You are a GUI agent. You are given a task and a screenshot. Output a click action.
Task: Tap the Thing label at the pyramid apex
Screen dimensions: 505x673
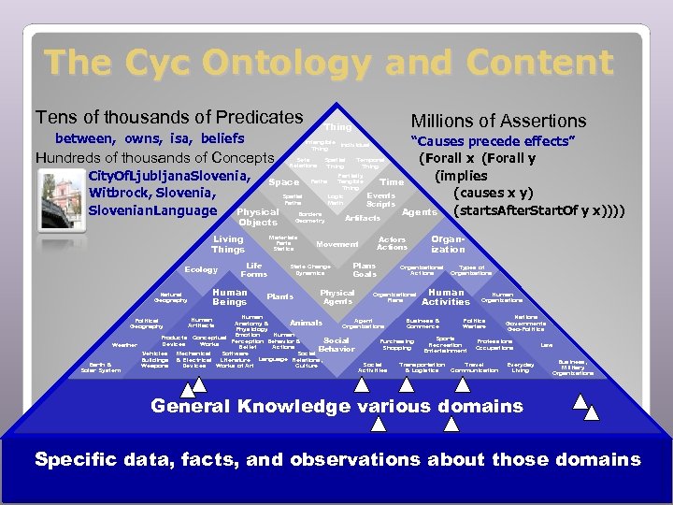click(337, 126)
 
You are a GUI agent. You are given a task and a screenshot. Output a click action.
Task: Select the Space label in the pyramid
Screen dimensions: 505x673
click(283, 181)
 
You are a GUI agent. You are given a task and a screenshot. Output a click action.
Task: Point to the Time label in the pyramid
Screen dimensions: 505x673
click(393, 181)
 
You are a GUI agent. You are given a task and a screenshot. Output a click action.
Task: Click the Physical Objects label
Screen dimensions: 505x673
click(258, 217)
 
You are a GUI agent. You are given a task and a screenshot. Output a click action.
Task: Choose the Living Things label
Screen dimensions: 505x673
click(228, 245)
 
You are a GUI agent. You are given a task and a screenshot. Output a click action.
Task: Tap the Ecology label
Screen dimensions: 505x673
click(200, 270)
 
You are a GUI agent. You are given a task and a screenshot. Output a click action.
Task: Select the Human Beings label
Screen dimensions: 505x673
click(230, 297)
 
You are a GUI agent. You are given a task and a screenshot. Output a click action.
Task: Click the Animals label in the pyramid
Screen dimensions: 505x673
click(306, 323)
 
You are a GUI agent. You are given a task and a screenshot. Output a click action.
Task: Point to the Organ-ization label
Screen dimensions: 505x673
click(448, 244)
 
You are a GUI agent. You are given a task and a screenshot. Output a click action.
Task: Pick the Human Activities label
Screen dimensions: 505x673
click(446, 297)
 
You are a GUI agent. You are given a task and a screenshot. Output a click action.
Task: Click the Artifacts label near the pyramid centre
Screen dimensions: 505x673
click(363, 217)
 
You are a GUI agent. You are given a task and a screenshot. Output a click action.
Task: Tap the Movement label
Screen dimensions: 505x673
click(337, 244)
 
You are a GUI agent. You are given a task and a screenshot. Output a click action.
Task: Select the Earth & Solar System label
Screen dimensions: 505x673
click(100, 368)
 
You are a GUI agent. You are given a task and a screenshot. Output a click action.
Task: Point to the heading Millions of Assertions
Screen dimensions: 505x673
click(498, 121)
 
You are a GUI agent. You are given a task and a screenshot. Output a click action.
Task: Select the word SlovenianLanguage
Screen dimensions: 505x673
click(152, 209)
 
